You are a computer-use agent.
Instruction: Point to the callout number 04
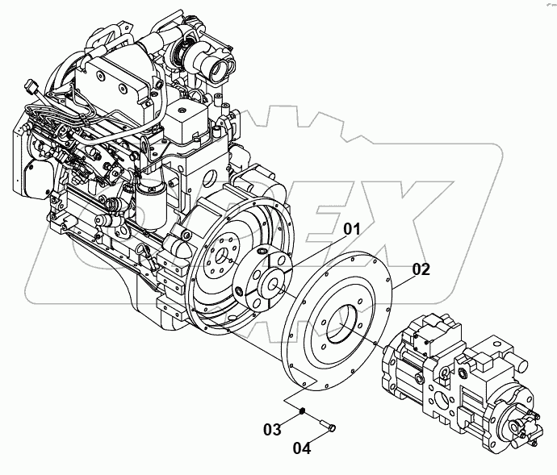click(x=301, y=446)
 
